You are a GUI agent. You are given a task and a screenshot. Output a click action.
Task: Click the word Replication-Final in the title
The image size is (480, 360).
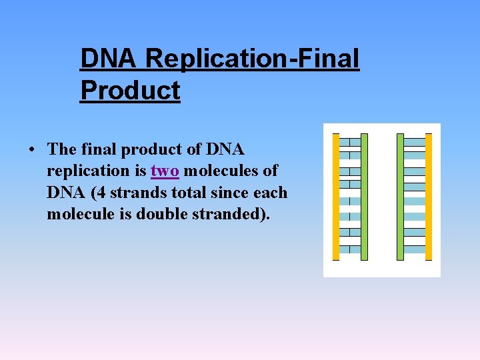[253, 59]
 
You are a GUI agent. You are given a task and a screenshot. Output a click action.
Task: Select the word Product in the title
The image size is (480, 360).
[130, 91]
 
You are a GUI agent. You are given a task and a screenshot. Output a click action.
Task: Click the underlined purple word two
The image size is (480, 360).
[165, 171]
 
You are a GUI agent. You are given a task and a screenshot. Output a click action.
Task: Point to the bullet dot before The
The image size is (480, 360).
[32, 149]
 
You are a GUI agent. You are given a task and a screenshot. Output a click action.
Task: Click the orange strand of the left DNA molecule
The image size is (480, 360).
[336, 197]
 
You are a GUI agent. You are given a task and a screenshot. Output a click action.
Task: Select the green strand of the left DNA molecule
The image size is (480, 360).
[364, 197]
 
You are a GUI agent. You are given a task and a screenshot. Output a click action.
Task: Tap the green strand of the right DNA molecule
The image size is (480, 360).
[400, 197]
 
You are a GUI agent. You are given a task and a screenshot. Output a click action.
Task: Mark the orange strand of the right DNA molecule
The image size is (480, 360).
[429, 197]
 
